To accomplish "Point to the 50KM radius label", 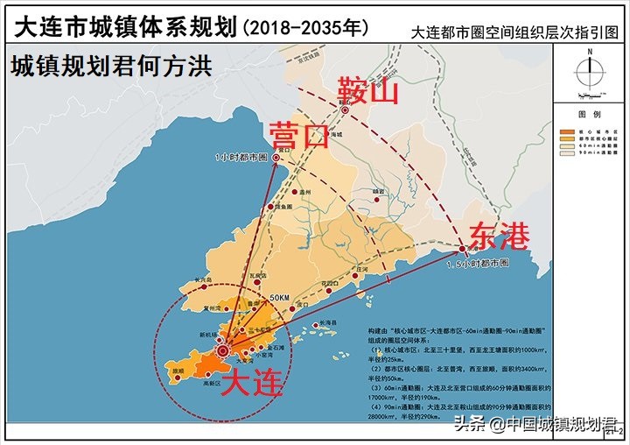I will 279,299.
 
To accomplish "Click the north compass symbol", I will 591,70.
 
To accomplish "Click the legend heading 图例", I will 588,116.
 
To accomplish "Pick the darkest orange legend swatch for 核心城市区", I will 564,131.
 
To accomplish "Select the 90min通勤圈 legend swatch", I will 564,154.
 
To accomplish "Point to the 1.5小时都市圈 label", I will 477,263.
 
